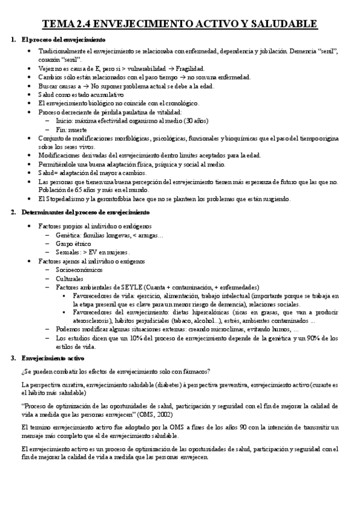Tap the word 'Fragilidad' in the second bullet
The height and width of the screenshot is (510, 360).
coord(188,69)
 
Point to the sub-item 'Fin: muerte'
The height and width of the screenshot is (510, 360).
coord(71,129)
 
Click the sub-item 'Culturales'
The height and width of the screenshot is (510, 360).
coord(69,279)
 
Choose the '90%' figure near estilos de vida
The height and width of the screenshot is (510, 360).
coord(320,339)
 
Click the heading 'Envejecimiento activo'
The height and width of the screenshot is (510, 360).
coord(50,358)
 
